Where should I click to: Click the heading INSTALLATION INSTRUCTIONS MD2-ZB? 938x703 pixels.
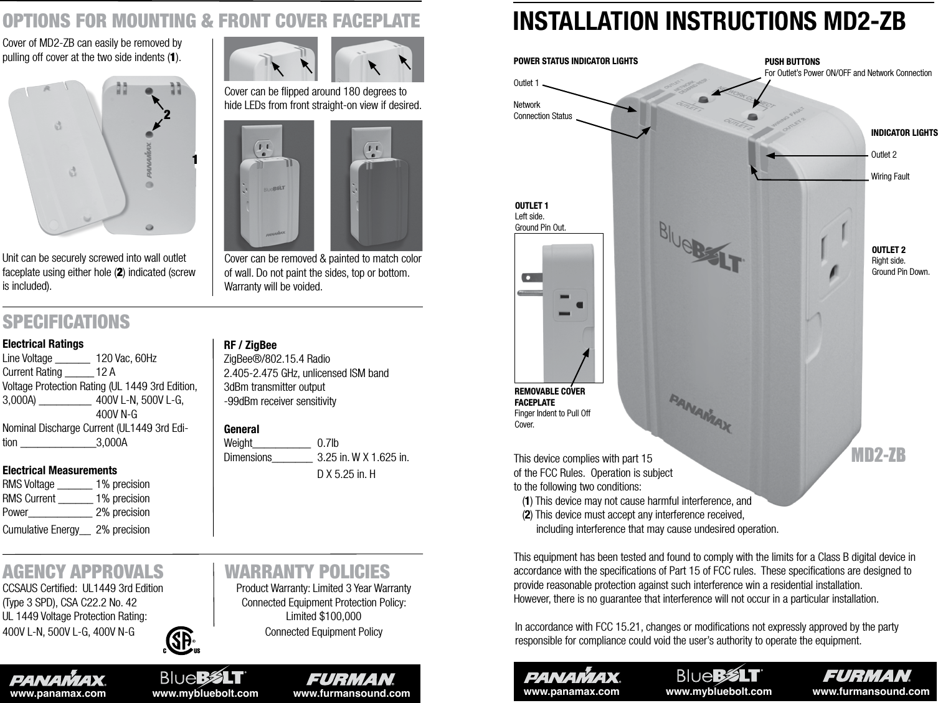[x=709, y=20]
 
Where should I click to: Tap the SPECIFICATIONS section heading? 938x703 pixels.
[x=67, y=322]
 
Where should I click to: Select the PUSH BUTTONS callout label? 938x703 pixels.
[x=792, y=62]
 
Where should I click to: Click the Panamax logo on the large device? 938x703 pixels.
[x=701, y=412]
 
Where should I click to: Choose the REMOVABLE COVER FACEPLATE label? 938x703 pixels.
[x=550, y=397]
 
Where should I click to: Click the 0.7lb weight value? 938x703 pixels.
[x=328, y=443]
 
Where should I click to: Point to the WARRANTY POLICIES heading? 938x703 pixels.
[x=307, y=571]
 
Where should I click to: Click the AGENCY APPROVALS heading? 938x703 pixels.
[x=83, y=571]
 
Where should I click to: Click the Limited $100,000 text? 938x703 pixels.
[x=323, y=617]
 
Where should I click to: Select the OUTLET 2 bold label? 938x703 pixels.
[x=888, y=250]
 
